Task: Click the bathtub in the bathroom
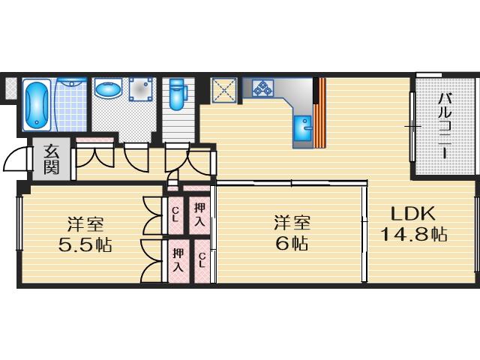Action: click(37, 105)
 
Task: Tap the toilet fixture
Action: click(177, 94)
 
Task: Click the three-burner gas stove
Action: click(262, 87)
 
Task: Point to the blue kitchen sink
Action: click(303, 128)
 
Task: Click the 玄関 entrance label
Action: click(51, 159)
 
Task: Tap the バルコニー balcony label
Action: click(445, 126)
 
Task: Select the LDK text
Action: click(413, 214)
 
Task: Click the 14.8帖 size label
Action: click(413, 235)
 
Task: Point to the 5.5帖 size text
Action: click(85, 244)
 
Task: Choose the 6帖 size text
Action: click(292, 243)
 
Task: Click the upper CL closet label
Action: click(175, 214)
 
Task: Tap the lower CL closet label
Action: click(202, 260)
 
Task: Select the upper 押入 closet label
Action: click(199, 214)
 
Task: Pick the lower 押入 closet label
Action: click(178, 260)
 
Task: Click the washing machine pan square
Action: click(140, 89)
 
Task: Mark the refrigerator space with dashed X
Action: click(224, 90)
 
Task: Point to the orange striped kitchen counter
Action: click(320, 113)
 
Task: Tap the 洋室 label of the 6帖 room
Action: click(292, 223)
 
